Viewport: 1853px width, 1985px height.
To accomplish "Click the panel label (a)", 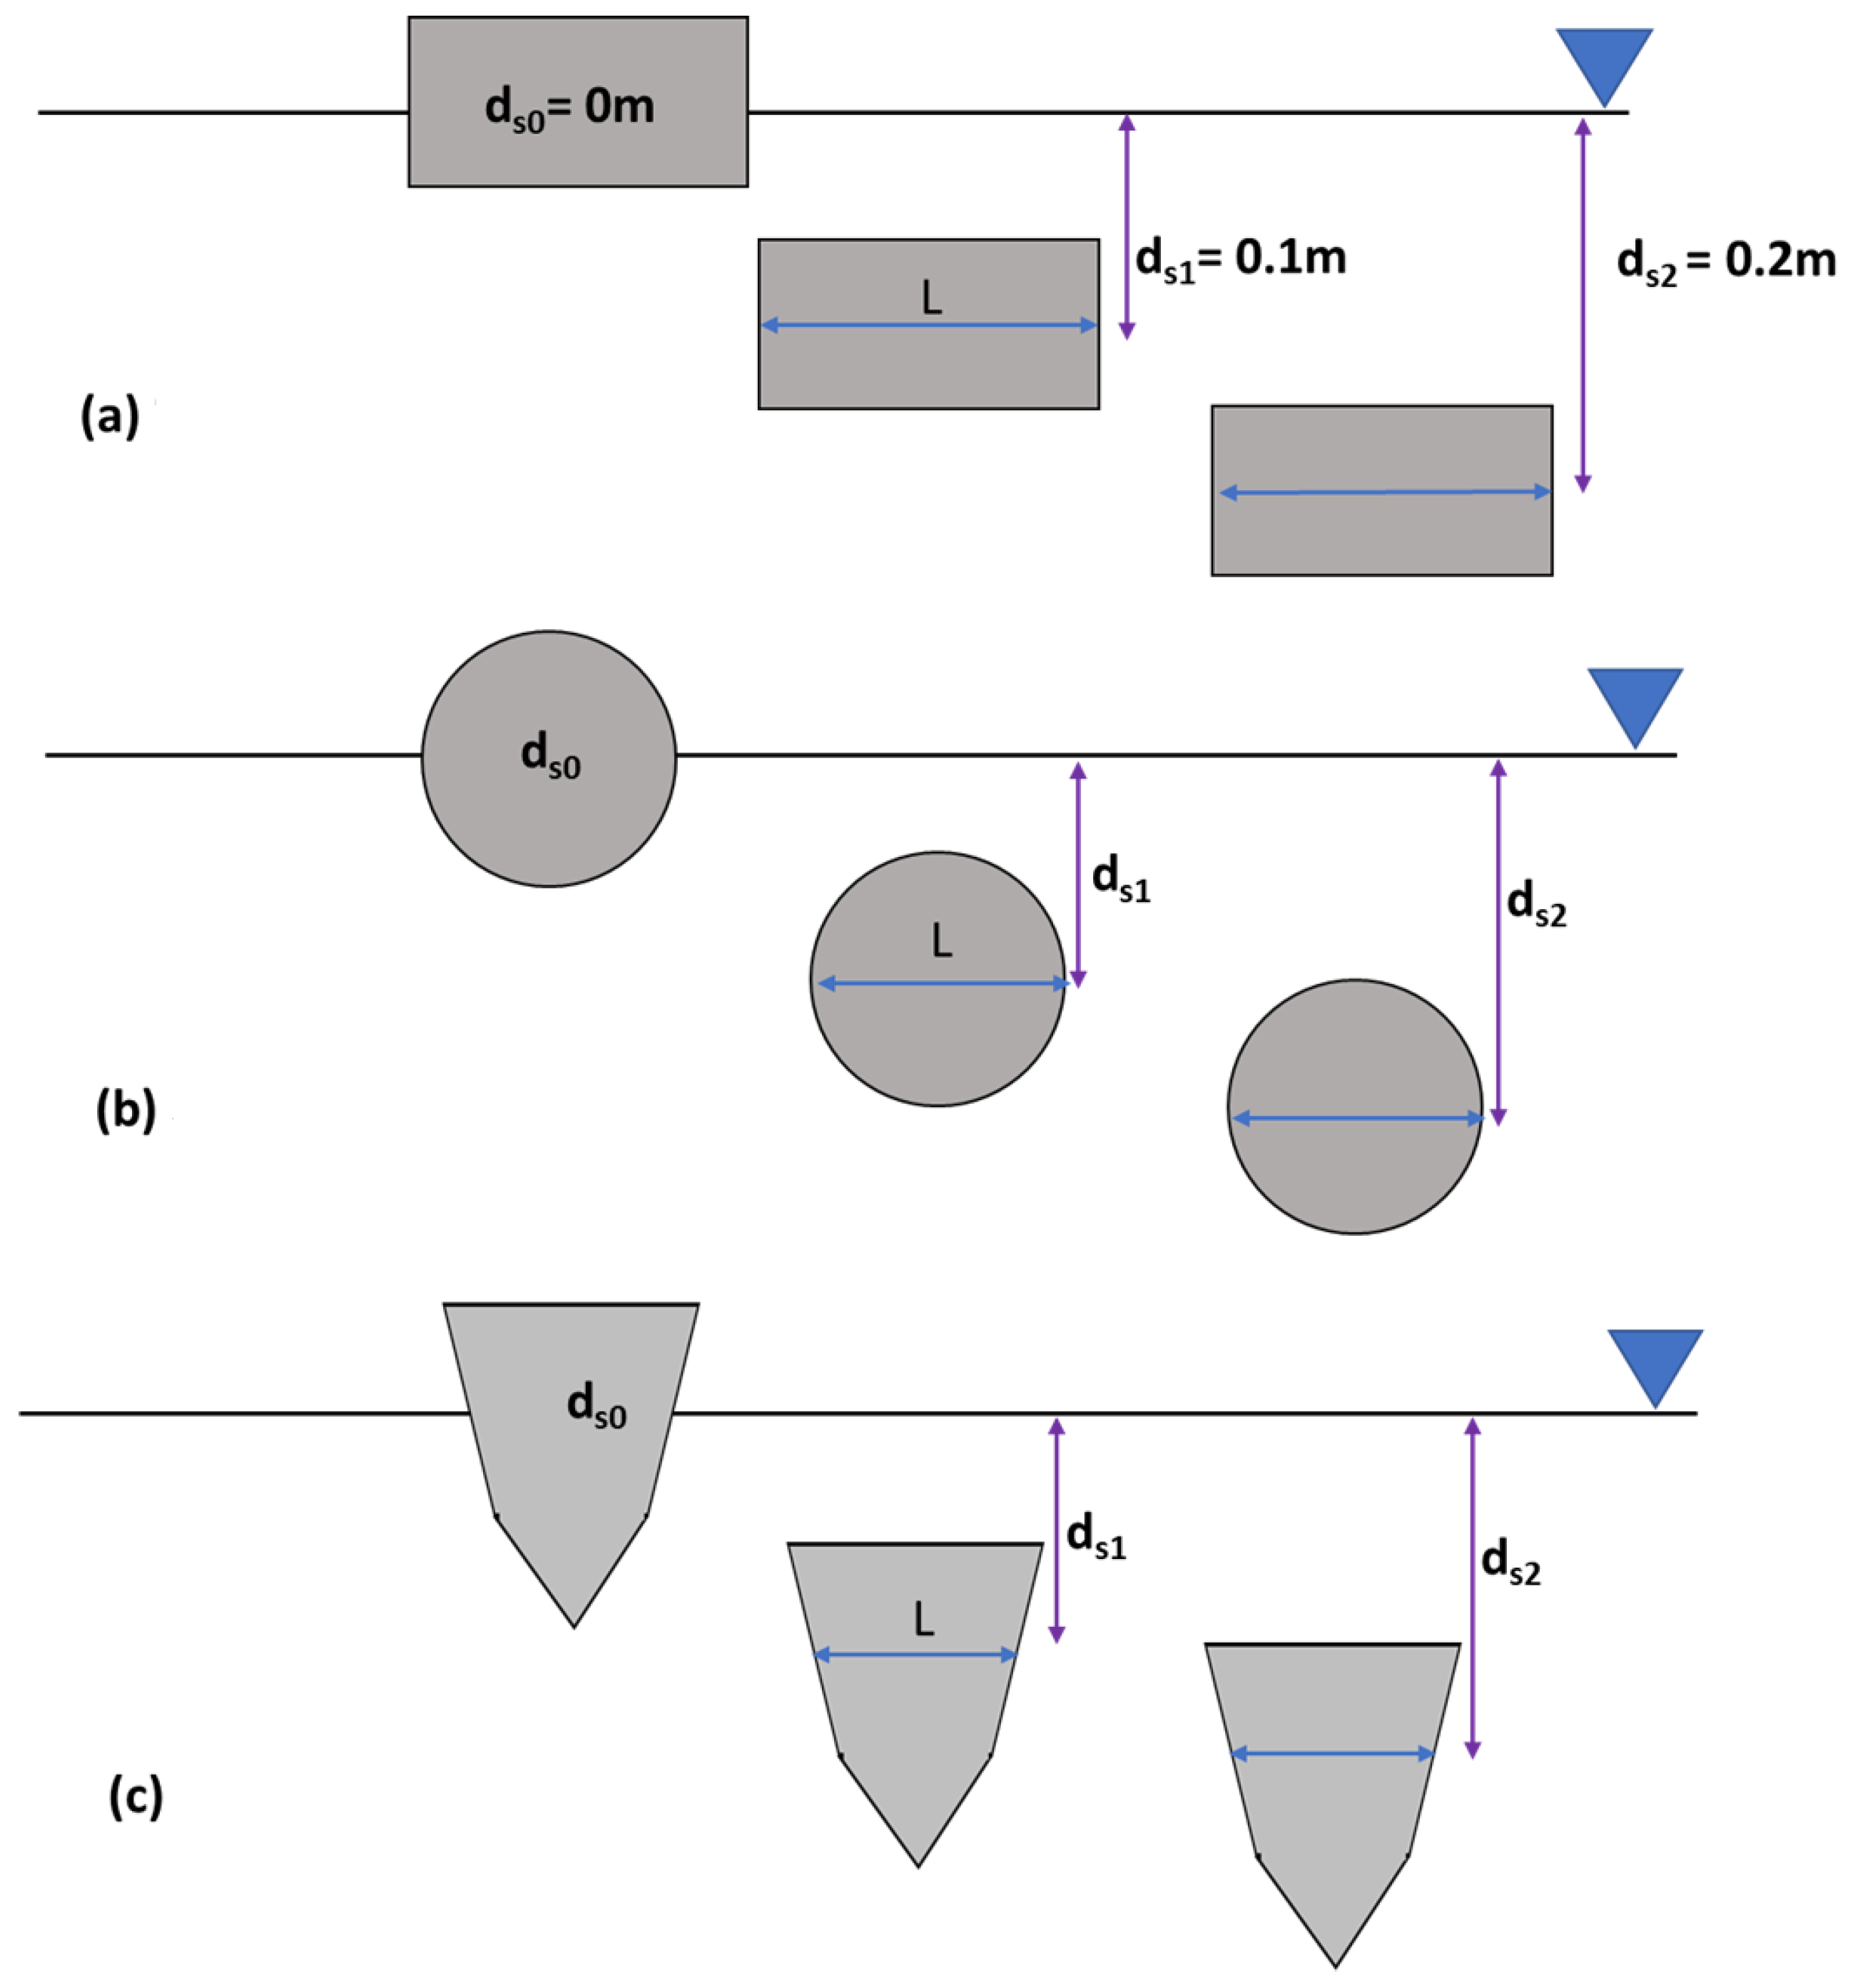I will pyautogui.click(x=110, y=415).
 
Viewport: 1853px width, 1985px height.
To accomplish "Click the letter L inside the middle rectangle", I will pyautogui.click(x=930, y=298).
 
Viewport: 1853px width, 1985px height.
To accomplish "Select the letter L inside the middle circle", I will pyautogui.click(x=940, y=940).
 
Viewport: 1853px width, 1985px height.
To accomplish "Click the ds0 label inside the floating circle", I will pyautogui.click(x=550, y=756).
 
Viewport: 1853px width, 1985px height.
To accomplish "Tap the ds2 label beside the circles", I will pyautogui.click(x=1535, y=905).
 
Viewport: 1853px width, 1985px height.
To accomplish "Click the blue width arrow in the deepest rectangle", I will pyautogui.click(x=1385, y=492).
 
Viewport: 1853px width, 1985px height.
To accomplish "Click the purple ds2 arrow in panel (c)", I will pyautogui.click(x=1471, y=1588).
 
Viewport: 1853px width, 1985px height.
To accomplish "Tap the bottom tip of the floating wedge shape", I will pyautogui.click(x=574, y=1625).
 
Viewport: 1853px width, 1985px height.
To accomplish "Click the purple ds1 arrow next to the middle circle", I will pyautogui.click(x=1077, y=875).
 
